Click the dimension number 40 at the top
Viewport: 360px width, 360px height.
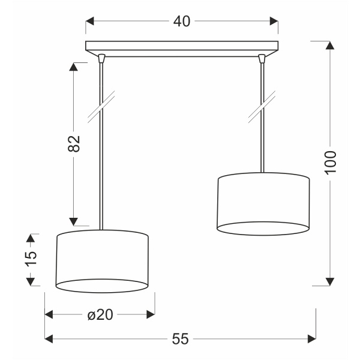pos(182,21)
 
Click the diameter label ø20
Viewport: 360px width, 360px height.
pos(100,314)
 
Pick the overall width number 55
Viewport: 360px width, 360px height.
pos(180,339)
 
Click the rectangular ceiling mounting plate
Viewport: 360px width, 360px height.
pos(182,46)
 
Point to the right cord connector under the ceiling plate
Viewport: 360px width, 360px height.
pos(262,58)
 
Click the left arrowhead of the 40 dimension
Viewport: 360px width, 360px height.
pos(90,22)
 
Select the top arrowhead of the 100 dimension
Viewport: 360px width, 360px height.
pos(329,45)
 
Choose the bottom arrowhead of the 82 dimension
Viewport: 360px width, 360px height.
pos(74,219)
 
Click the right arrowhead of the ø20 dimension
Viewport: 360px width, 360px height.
pos(151,314)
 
